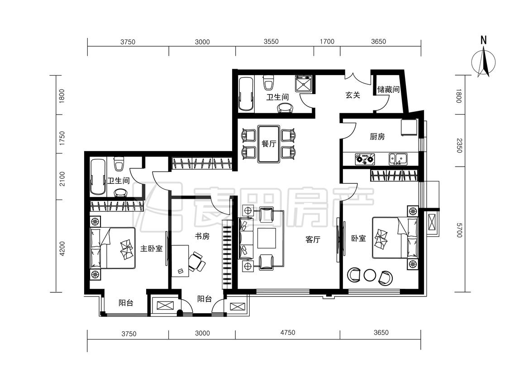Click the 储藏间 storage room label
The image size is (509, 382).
click(388, 89)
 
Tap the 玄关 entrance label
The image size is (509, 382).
click(352, 95)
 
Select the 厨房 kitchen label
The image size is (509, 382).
click(377, 137)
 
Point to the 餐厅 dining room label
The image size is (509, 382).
click(269, 143)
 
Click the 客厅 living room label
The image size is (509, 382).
click(313, 240)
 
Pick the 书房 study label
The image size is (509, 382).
click(202, 236)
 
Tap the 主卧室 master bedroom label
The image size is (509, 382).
click(151, 249)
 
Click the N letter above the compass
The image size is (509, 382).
click(484, 40)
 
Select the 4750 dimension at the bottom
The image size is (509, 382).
click(288, 333)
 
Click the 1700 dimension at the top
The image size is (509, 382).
click(327, 41)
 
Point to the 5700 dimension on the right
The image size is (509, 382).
click(459, 230)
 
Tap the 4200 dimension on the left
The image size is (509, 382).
click(62, 249)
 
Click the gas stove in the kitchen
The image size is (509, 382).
click(365, 159)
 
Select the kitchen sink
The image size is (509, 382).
click(398, 159)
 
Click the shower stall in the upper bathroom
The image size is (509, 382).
click(304, 83)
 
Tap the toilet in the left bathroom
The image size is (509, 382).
click(119, 163)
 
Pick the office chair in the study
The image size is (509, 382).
click(196, 262)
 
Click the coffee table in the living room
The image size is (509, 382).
click(267, 238)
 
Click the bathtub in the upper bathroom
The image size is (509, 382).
click(246, 94)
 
